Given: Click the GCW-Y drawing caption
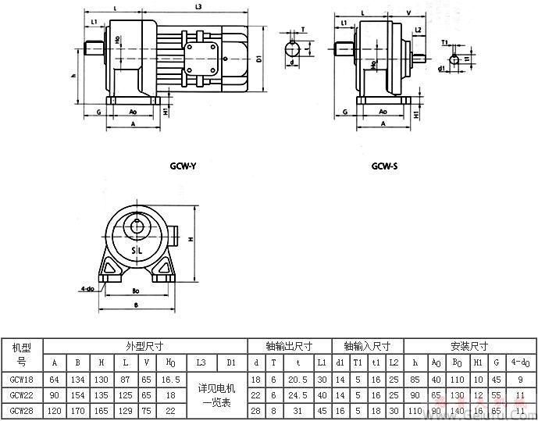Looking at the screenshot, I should (x=183, y=166).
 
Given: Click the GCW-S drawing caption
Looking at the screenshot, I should (x=385, y=166).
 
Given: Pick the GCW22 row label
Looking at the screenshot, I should (x=21, y=394).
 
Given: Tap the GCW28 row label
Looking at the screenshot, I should (x=21, y=410).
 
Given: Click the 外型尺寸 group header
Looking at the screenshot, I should (x=144, y=345).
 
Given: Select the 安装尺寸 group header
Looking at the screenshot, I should (x=469, y=345).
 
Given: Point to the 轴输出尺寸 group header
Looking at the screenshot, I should (x=289, y=345).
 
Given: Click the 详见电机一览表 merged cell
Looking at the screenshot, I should (x=219, y=394).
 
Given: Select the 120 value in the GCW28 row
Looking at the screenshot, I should (x=54, y=410).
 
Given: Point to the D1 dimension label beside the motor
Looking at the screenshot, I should (x=259, y=58).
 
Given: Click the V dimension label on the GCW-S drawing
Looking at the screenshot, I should (x=409, y=12).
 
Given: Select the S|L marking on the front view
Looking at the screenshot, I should (x=137, y=250).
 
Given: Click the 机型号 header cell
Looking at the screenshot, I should (x=21, y=353).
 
